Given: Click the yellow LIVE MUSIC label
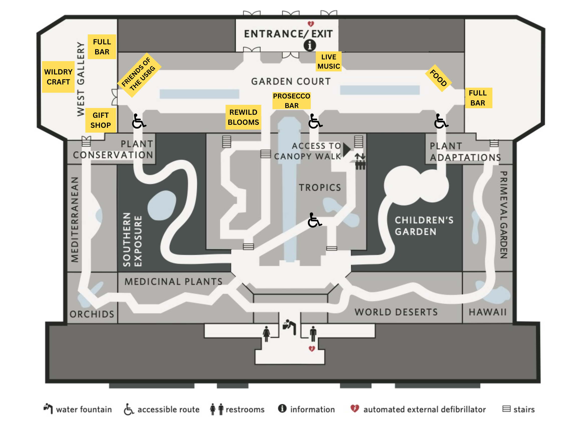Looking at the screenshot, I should [328, 62].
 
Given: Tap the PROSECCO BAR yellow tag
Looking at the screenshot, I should [291, 100].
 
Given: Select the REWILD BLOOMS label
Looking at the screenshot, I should [243, 117].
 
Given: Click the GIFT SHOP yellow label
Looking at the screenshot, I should [100, 120].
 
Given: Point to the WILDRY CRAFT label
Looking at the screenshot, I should [58, 77].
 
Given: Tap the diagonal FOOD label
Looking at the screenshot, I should [438, 78].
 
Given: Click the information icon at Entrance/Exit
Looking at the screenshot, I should [310, 45].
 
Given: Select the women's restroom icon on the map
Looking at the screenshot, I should [266, 334].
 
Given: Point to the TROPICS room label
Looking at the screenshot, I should [320, 187].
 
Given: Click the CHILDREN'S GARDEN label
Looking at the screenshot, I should [424, 226].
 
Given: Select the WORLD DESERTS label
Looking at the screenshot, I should [396, 312].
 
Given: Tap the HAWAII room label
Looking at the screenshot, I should [487, 312].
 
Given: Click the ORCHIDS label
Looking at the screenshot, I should [92, 314].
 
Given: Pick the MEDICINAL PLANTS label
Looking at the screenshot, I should [174, 281].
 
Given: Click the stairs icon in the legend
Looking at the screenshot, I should [506, 409].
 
